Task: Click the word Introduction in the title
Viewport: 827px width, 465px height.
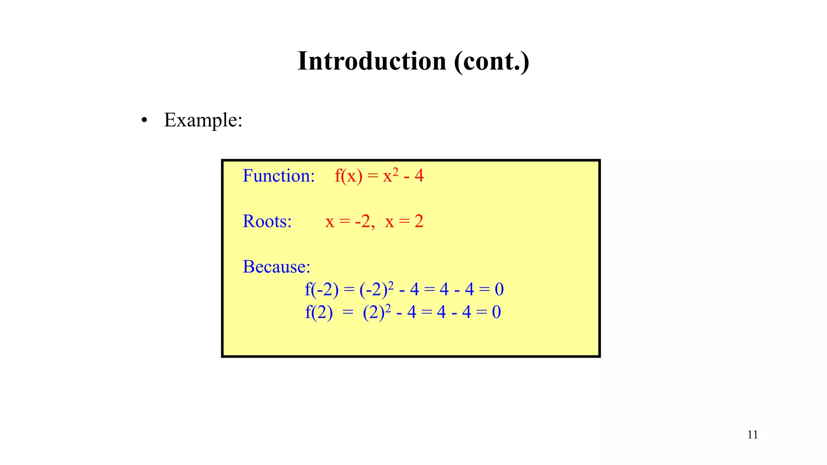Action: coord(372,61)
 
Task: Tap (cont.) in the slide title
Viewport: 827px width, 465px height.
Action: coord(491,61)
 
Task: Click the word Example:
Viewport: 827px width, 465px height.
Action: coord(203,120)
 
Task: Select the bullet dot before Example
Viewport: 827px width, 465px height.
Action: coord(144,120)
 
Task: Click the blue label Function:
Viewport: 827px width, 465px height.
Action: coord(279,176)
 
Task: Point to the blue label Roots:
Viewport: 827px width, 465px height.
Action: coord(267,221)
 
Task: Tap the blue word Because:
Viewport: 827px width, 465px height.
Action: coord(276,267)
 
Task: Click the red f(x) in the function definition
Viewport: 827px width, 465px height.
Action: coord(348,176)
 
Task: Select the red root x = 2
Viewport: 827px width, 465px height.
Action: coord(404,222)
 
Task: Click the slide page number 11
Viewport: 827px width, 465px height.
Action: coord(752,435)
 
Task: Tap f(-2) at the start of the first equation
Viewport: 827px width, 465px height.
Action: coord(321,289)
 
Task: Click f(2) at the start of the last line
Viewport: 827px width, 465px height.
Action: coord(319,312)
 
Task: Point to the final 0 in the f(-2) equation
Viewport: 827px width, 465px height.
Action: coord(499,289)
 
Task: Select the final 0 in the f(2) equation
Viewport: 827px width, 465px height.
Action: coord(496,312)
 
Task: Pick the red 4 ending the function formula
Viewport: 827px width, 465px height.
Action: coord(419,176)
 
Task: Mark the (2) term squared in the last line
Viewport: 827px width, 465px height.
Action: coord(374,312)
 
